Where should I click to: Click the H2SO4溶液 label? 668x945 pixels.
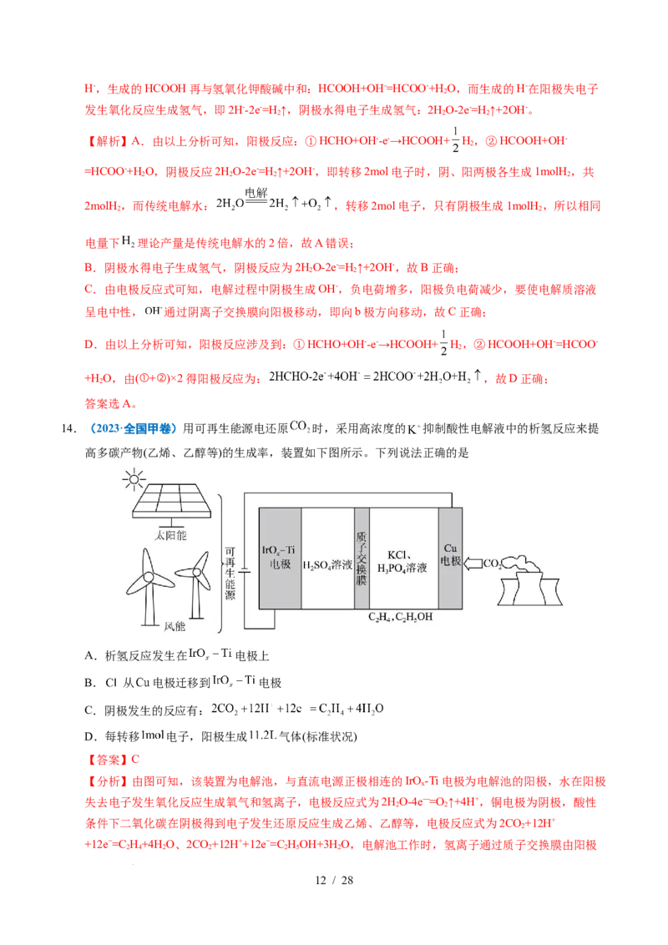pyautogui.click(x=327, y=565)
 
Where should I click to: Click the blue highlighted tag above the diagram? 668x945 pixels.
pyautogui.click(x=133, y=429)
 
